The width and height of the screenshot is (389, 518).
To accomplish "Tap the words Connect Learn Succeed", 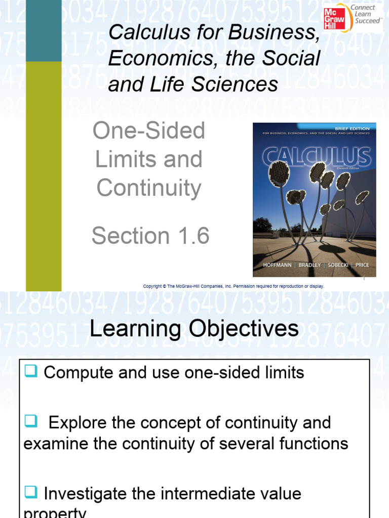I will [367, 15].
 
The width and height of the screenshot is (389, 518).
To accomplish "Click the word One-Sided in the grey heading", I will [149, 131].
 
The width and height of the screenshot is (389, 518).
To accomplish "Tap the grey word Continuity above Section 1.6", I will [149, 188].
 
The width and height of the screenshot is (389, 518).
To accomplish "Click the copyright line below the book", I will [234, 286].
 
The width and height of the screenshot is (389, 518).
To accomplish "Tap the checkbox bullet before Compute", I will [31, 372].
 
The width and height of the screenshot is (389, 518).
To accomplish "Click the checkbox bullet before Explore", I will [31, 421].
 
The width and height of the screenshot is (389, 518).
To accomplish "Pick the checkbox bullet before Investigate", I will [31, 493].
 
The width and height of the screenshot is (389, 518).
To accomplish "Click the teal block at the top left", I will [43, 30].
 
